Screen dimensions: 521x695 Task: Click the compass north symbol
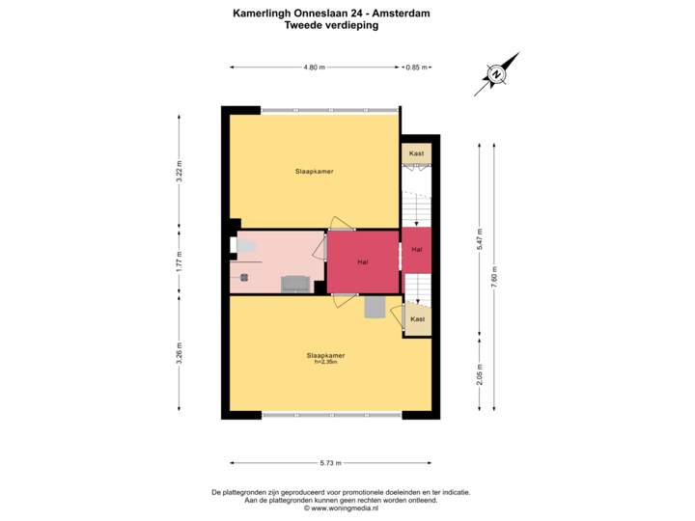pyautogui.click(x=496, y=74)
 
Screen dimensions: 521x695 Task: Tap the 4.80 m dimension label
pyautogui.click(x=315, y=68)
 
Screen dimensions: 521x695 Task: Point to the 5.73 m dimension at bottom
pyautogui.click(x=331, y=463)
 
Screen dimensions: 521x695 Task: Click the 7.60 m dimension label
pyautogui.click(x=495, y=274)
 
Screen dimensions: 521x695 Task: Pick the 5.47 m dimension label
pyautogui.click(x=479, y=238)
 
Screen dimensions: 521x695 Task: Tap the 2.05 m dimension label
pyautogui.click(x=479, y=373)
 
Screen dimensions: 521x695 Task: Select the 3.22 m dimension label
pyautogui.click(x=179, y=170)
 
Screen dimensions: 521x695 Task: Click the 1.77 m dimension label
pyautogui.click(x=179, y=260)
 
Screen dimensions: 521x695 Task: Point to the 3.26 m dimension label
pyautogui.click(x=179, y=354)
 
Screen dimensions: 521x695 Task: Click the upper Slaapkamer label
pyautogui.click(x=315, y=171)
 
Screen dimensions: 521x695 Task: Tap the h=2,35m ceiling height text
pyautogui.click(x=325, y=362)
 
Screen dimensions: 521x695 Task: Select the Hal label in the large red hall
pyautogui.click(x=362, y=260)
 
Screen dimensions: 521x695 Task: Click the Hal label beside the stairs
pyautogui.click(x=417, y=250)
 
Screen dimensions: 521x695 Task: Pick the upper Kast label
pyautogui.click(x=417, y=153)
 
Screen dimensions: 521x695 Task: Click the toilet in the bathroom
pyautogui.click(x=243, y=245)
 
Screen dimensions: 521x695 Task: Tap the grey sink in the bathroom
pyautogui.click(x=294, y=284)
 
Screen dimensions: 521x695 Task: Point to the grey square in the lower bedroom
pyautogui.click(x=374, y=307)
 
